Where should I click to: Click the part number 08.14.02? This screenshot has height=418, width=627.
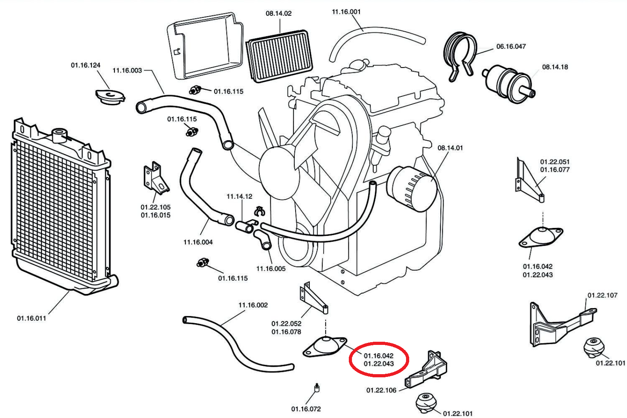pyautogui.click(x=279, y=13)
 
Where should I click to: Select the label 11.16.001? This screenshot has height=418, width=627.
pyautogui.click(x=346, y=12)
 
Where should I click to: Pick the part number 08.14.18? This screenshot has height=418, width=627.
pyautogui.click(x=555, y=67)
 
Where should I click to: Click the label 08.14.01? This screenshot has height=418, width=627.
pyautogui.click(x=450, y=148)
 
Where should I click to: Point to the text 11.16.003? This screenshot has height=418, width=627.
pyautogui.click(x=127, y=71)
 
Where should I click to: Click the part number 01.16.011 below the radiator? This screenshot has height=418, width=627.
pyautogui.click(x=32, y=318)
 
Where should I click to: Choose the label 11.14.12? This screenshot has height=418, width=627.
pyautogui.click(x=239, y=196)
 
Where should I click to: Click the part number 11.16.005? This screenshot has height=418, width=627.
pyautogui.click(x=271, y=269)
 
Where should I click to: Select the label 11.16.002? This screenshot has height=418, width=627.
pyautogui.click(x=253, y=305)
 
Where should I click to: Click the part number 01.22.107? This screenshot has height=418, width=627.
pyautogui.click(x=602, y=295)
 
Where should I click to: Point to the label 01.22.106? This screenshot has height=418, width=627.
pyautogui.click(x=381, y=390)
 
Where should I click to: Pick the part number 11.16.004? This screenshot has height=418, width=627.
pyautogui.click(x=198, y=242)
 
